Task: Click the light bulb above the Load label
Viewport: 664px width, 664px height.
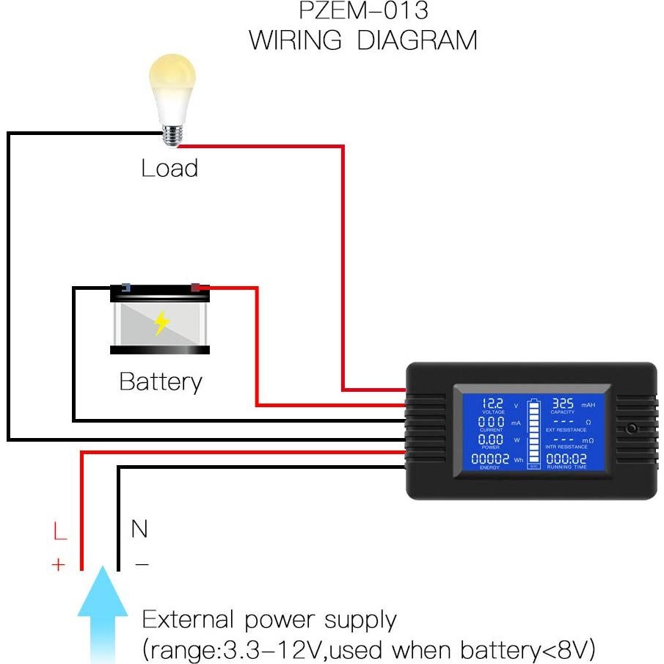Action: [x=172, y=96]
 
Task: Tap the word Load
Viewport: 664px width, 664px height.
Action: [x=169, y=168]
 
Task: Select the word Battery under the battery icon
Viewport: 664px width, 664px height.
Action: [x=160, y=382]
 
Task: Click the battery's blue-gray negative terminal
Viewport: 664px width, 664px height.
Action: [x=125, y=288]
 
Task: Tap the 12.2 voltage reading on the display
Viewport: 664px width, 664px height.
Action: [x=492, y=404]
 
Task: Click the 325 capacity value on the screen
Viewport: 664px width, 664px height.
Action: [x=562, y=404]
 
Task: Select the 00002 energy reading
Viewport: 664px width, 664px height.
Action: [x=489, y=459]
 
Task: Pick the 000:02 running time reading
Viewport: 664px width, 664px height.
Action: [x=566, y=459]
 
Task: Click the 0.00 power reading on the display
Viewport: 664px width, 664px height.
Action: [x=491, y=439]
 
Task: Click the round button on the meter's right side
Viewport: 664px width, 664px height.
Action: [x=631, y=428]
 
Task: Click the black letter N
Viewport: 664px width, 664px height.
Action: [x=139, y=528]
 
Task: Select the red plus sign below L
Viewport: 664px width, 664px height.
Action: [x=59, y=564]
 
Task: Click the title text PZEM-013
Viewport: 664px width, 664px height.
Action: [x=364, y=11]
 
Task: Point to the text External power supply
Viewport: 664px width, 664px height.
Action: [x=269, y=620]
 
